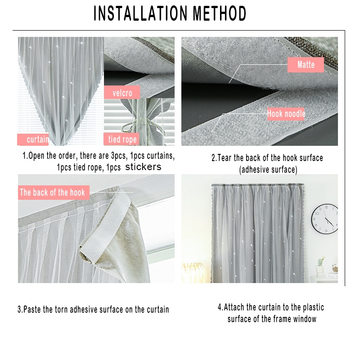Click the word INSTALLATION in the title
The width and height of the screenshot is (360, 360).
click(140, 13)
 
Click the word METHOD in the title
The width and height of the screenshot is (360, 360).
click(220, 13)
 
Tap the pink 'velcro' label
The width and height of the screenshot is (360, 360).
click(122, 93)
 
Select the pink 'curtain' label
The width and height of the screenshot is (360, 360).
click(33, 139)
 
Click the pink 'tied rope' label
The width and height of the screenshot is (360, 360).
click(121, 139)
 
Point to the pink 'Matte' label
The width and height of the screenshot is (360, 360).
click(306, 65)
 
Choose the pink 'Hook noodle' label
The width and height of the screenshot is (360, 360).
click(286, 114)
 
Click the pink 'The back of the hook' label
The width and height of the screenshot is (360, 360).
click(54, 192)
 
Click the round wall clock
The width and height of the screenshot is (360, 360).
click(325, 219)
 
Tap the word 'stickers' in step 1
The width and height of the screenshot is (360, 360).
click(143, 167)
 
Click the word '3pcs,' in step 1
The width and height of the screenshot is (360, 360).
click(119, 156)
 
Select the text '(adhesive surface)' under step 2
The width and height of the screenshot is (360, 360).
click(268, 170)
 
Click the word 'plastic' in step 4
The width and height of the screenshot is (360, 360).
click(313, 307)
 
